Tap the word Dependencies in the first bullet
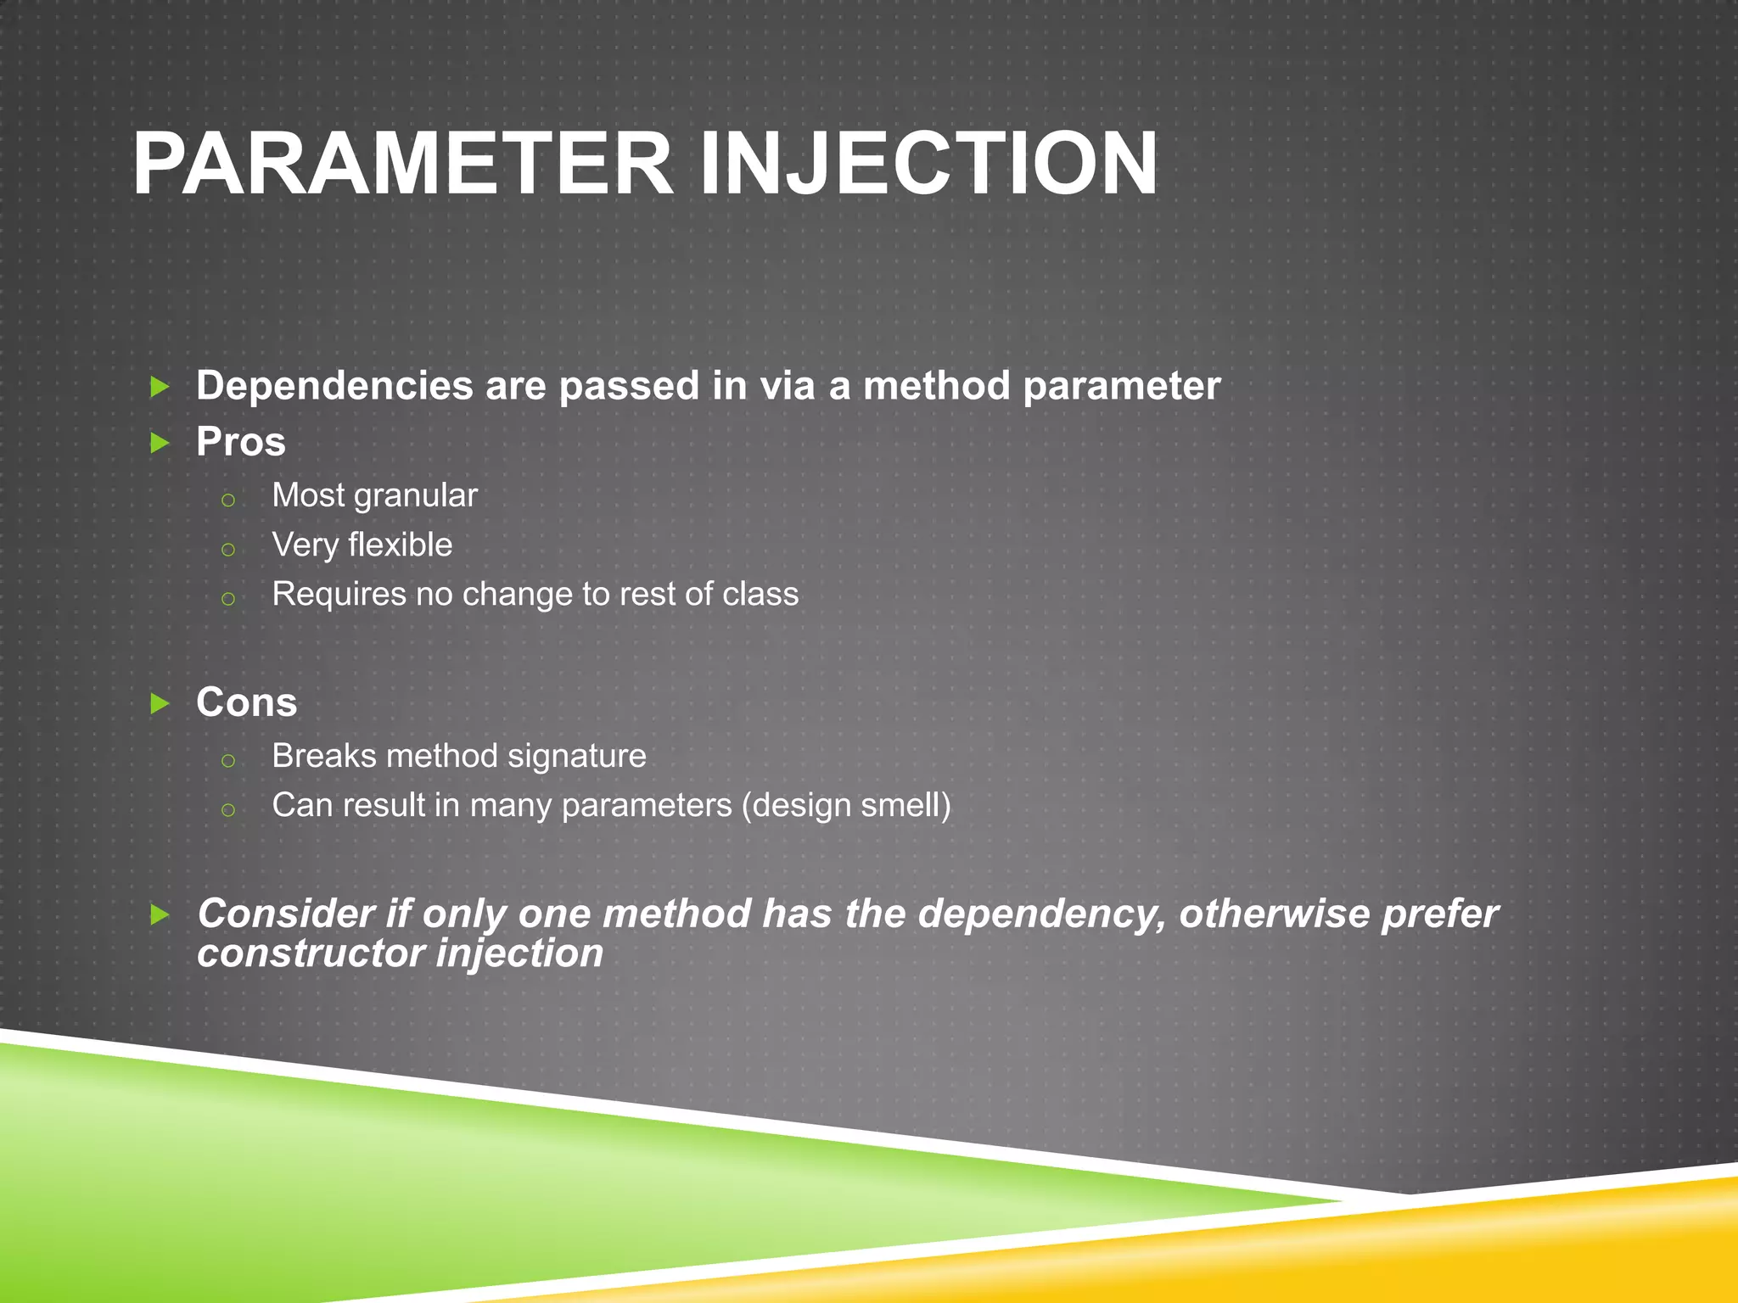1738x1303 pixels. point(334,387)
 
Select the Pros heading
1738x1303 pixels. point(241,442)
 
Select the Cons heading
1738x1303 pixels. point(246,702)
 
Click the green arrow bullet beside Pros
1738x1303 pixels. point(160,442)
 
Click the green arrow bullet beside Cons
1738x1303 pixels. point(160,703)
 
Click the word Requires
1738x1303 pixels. point(339,595)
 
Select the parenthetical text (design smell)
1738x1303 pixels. point(846,806)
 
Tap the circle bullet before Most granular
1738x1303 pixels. point(227,500)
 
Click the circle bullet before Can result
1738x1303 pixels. point(227,810)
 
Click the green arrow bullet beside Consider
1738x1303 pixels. point(160,914)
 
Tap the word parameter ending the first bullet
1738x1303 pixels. point(1121,387)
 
